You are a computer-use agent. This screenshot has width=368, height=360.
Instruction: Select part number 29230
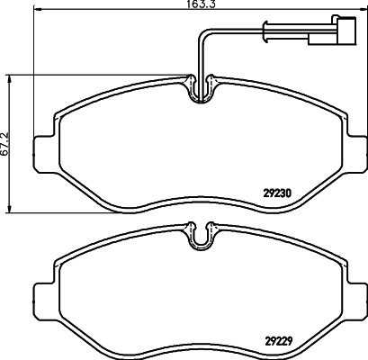pos(277,193)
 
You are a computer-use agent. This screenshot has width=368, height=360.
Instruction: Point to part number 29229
pos(278,340)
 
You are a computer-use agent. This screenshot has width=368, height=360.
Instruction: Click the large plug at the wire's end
pos(346,31)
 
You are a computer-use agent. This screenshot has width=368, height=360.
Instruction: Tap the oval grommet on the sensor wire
pos(265,31)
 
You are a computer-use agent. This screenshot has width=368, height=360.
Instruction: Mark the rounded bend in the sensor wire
pos(202,33)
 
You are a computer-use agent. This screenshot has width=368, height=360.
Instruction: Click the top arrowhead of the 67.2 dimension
pos(10,78)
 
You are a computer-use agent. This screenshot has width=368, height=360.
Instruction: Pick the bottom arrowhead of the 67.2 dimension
pos(10,209)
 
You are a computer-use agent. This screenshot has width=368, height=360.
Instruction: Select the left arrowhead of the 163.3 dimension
pos(38,10)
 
